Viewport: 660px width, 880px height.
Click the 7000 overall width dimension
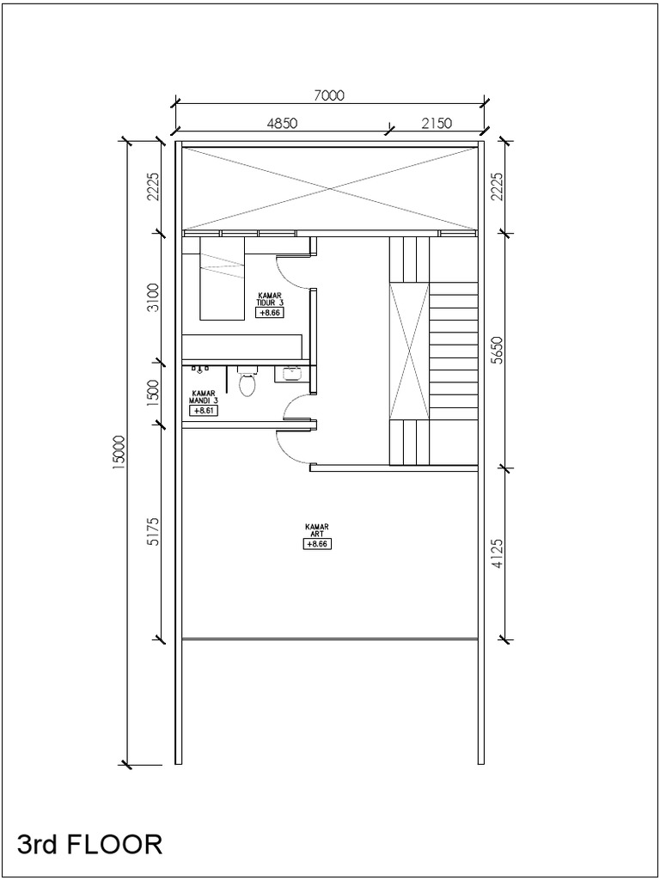click(329, 95)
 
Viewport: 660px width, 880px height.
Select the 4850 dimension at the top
click(282, 124)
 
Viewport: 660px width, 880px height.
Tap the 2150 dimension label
click(437, 124)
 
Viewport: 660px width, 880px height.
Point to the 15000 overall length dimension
click(119, 452)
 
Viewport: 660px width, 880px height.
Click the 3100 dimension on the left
click(153, 298)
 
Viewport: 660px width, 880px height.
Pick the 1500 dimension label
click(153, 393)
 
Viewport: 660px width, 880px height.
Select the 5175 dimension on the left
click(153, 531)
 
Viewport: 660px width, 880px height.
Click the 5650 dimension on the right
click(497, 351)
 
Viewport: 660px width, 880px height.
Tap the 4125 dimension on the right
click(497, 554)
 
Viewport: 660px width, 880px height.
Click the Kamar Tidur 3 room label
click(269, 298)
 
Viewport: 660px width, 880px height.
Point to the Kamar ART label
click(317, 530)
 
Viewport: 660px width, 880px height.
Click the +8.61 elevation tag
click(204, 411)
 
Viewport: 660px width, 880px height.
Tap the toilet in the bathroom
click(247, 382)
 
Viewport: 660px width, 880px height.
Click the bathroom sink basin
click(290, 373)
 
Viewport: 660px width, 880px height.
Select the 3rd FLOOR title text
click(89, 844)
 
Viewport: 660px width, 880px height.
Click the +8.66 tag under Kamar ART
click(317, 544)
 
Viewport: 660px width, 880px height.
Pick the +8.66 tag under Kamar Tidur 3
click(270, 313)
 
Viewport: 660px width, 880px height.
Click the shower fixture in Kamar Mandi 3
click(200, 370)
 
